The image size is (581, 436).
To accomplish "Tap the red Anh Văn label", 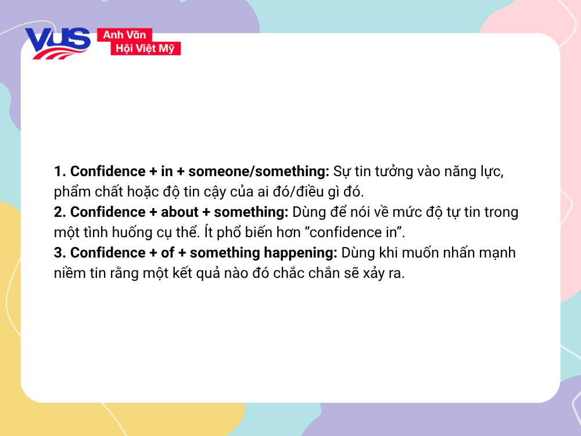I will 124,35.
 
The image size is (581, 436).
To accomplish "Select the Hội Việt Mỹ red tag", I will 145,49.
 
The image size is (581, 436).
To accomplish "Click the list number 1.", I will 58,171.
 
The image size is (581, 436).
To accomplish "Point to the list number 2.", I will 59,212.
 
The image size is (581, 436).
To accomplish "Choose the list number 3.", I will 59,253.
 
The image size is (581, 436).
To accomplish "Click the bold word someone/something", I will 259,171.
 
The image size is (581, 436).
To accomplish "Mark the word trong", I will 500,212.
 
